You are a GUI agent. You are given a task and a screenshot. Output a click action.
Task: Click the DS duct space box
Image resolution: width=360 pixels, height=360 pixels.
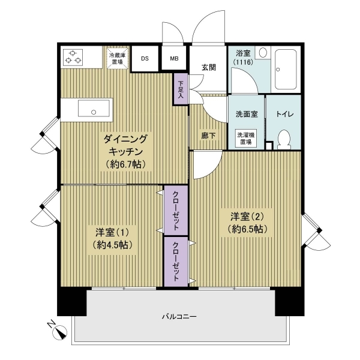point(145,59)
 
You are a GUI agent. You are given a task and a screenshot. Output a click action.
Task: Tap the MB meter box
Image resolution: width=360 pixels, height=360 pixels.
point(174,59)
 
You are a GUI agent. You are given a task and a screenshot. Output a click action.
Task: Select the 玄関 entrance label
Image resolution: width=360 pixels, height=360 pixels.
point(209,67)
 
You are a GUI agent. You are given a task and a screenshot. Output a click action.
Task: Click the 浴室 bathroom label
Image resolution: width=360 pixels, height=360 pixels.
point(244,53)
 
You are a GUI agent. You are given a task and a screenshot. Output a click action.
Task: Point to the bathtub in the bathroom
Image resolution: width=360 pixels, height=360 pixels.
point(286,70)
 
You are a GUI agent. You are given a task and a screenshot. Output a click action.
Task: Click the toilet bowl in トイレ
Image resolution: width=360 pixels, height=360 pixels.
point(284,139)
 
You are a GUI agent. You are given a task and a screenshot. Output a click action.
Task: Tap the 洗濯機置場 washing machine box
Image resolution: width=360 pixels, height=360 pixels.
point(246,139)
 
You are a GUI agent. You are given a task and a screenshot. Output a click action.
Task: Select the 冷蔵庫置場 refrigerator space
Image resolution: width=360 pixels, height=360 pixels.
point(118,58)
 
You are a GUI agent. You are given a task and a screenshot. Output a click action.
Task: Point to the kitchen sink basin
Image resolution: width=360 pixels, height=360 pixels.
point(93,108)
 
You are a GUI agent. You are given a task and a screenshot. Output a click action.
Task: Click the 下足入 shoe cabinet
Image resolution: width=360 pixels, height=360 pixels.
point(181,89)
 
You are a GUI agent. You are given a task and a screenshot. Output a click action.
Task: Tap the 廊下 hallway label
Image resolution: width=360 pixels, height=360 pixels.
point(208,136)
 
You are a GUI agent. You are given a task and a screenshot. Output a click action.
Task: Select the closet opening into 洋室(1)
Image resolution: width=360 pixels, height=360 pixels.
point(176,210)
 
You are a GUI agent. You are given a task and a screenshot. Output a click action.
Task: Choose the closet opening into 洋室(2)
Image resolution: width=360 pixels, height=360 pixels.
point(176,262)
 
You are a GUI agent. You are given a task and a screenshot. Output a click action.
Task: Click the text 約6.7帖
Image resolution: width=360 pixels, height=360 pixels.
point(125,164)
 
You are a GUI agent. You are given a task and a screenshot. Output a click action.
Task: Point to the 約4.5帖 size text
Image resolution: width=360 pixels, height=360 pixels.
point(113,245)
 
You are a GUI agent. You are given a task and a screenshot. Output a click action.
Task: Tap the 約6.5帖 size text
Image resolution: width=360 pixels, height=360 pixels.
point(247,229)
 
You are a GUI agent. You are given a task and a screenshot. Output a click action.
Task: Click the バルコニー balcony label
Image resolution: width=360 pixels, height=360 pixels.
point(179,317)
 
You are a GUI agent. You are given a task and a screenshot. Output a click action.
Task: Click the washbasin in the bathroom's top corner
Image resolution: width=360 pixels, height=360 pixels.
point(263,53)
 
